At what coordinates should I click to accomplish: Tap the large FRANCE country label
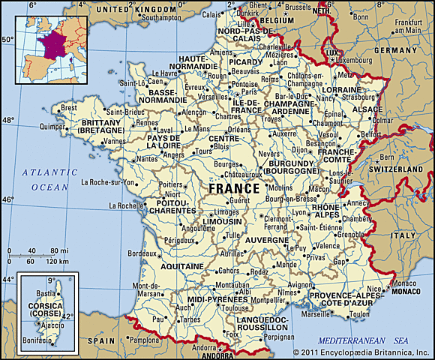click(235, 188)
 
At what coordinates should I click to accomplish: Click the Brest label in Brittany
click(69, 108)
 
